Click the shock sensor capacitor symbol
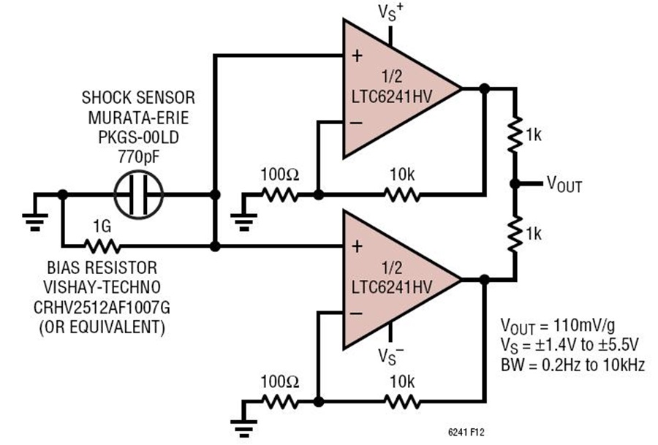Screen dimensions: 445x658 [139, 195]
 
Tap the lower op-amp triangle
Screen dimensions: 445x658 [395, 280]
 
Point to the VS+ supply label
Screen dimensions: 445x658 [391, 12]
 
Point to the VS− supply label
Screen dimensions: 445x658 [391, 357]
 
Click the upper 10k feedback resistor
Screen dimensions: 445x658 [401, 195]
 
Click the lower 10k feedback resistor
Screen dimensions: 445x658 [401, 401]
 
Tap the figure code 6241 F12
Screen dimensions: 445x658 [464, 433]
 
